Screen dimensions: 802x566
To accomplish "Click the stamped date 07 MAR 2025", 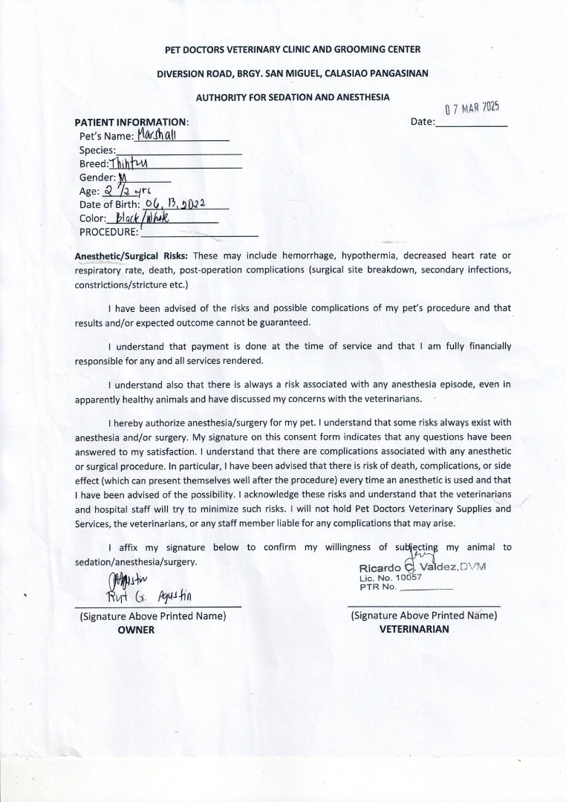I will [471, 108].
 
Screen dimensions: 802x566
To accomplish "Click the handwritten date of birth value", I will [180, 203].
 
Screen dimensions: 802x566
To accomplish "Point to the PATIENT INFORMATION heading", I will [131, 122].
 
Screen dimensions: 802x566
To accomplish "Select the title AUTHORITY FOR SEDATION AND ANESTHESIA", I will [293, 97].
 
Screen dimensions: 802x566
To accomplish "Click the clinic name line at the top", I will [293, 49].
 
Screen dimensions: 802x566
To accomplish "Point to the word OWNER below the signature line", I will [137, 629].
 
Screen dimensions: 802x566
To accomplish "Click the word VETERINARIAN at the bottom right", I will [414, 629].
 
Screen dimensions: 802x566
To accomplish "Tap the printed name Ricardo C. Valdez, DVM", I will [422, 568].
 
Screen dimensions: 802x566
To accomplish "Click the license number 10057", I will [409, 578].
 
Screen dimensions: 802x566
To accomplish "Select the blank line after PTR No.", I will [426, 587].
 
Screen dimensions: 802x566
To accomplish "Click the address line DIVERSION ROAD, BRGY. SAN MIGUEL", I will [293, 73].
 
